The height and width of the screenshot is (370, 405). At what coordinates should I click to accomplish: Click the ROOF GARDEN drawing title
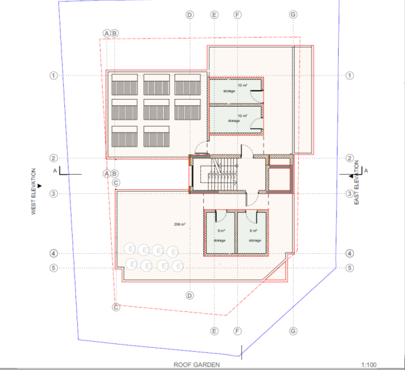196,365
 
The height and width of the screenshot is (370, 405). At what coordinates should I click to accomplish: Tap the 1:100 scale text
369,365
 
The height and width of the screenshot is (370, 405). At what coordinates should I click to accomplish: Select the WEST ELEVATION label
34,192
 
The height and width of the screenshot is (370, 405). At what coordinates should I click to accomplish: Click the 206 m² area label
179,225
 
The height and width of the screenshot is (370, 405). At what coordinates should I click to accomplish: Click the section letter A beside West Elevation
55,171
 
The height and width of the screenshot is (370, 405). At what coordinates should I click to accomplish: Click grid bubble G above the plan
293,14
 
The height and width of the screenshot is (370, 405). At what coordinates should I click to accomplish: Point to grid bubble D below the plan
189,295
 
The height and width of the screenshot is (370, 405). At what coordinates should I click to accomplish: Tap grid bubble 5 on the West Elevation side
53,268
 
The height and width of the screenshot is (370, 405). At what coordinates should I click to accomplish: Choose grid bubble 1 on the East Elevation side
350,76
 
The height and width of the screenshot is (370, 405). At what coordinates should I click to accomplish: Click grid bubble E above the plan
214,14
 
